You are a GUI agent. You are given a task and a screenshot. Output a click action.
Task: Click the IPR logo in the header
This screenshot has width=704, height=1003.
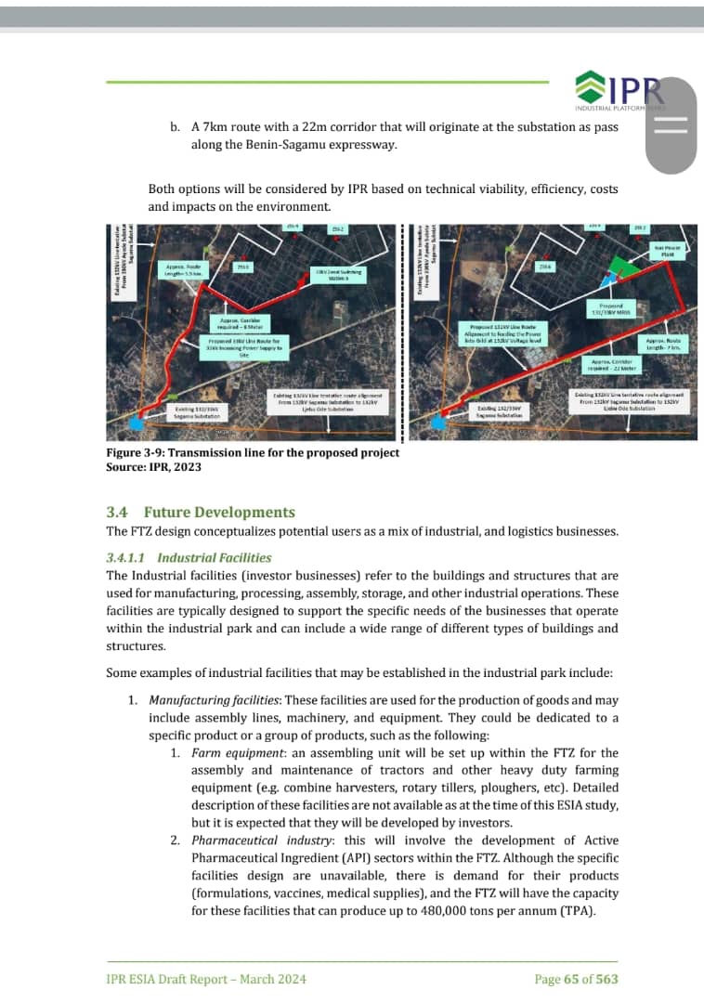coord(618,91)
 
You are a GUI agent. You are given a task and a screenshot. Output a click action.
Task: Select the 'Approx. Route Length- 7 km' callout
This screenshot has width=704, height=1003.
coord(663,344)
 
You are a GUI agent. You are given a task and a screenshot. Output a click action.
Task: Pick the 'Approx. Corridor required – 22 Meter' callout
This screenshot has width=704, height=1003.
coord(611,364)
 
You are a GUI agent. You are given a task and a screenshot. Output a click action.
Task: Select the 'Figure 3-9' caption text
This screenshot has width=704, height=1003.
coord(253,452)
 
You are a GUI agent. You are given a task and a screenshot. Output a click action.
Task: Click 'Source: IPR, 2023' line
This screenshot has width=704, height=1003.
coord(153,466)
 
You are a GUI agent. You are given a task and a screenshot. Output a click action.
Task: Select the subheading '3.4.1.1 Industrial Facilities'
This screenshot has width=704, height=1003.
coord(189,557)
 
